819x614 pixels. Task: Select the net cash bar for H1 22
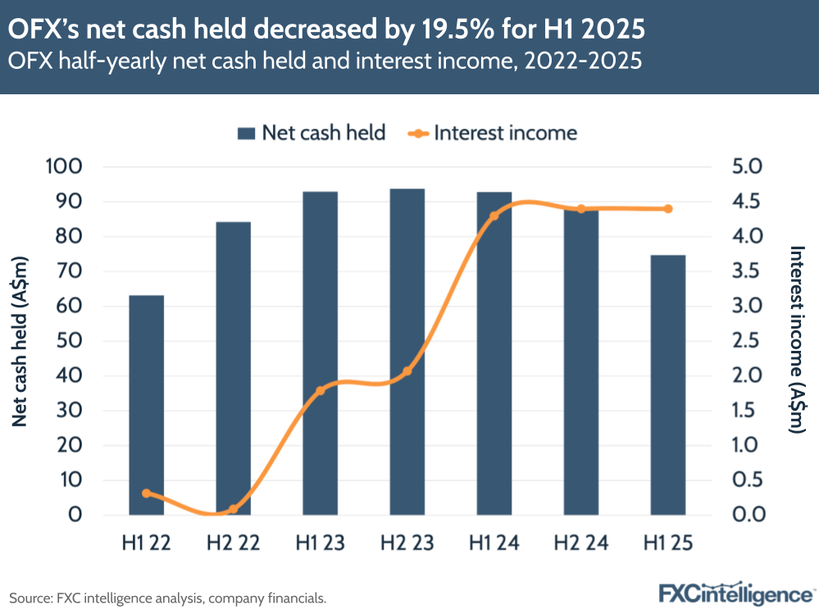click(x=147, y=405)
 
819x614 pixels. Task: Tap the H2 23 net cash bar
click(x=407, y=352)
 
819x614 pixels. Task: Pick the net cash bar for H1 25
click(x=667, y=384)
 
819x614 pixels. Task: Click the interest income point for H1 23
click(x=321, y=390)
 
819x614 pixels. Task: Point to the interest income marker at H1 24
click(x=494, y=216)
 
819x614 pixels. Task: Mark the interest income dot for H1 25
click(x=667, y=209)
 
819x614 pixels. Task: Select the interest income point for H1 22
click(x=147, y=493)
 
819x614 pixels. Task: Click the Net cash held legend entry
click(x=312, y=133)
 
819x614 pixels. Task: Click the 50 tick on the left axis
click(x=70, y=341)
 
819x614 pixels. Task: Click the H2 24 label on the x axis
click(x=581, y=543)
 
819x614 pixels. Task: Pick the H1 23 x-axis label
click(x=321, y=543)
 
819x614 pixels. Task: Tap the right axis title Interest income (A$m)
click(x=794, y=341)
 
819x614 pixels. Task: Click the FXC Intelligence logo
click(x=735, y=594)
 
